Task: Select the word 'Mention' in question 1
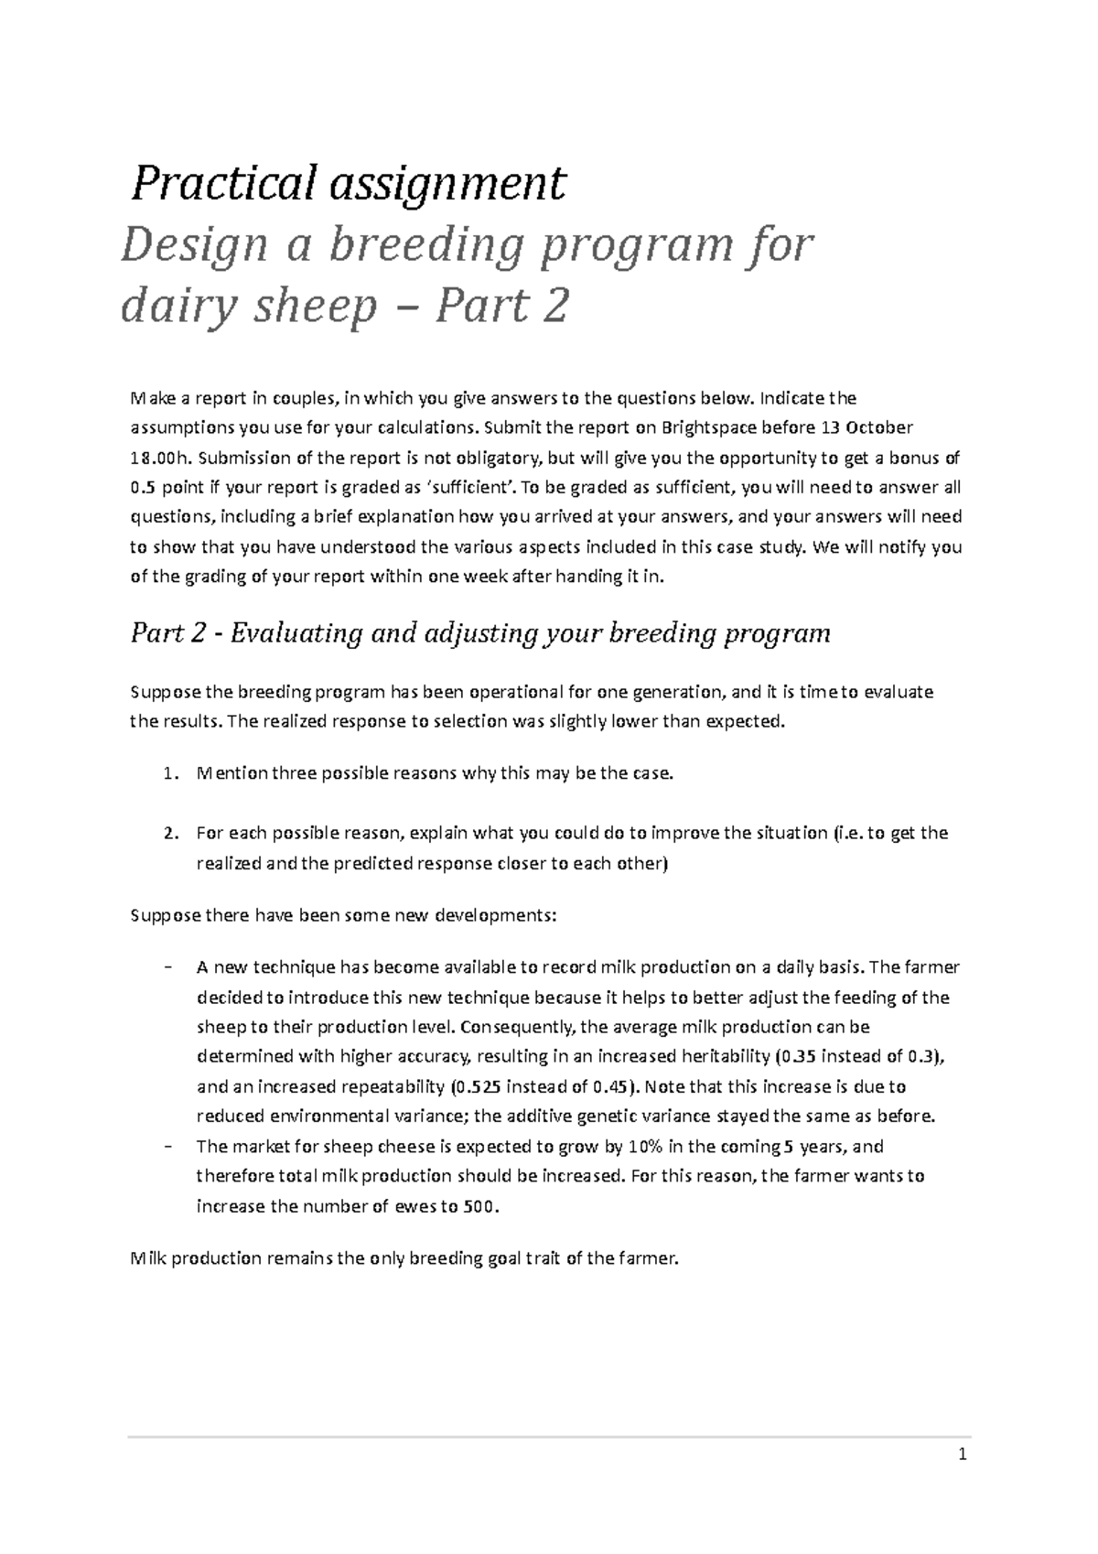[x=232, y=773]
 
